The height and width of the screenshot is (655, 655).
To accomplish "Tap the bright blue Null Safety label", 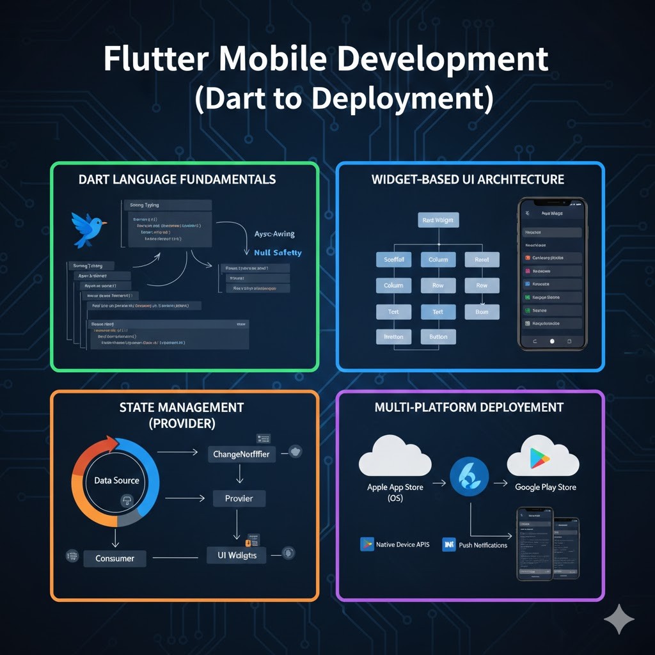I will click(x=278, y=253).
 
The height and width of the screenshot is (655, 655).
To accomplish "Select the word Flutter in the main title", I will click(x=154, y=60).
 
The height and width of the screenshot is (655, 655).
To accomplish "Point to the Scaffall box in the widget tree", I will click(x=393, y=260).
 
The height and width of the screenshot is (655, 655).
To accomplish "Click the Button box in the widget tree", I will click(x=438, y=336).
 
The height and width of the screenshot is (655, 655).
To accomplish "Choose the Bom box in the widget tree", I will click(x=482, y=312).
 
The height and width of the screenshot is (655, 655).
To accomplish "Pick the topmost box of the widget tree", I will click(x=438, y=221).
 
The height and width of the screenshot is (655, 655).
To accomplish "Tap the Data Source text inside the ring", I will click(x=116, y=480).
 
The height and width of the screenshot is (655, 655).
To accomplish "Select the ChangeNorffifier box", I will click(x=239, y=455).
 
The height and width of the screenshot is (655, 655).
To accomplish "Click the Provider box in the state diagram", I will click(x=239, y=498).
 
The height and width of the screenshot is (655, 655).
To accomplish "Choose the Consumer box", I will click(x=115, y=558).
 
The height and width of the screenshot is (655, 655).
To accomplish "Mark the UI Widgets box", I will click(x=232, y=555).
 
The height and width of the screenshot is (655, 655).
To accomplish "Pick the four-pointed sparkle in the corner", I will click(x=619, y=619).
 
